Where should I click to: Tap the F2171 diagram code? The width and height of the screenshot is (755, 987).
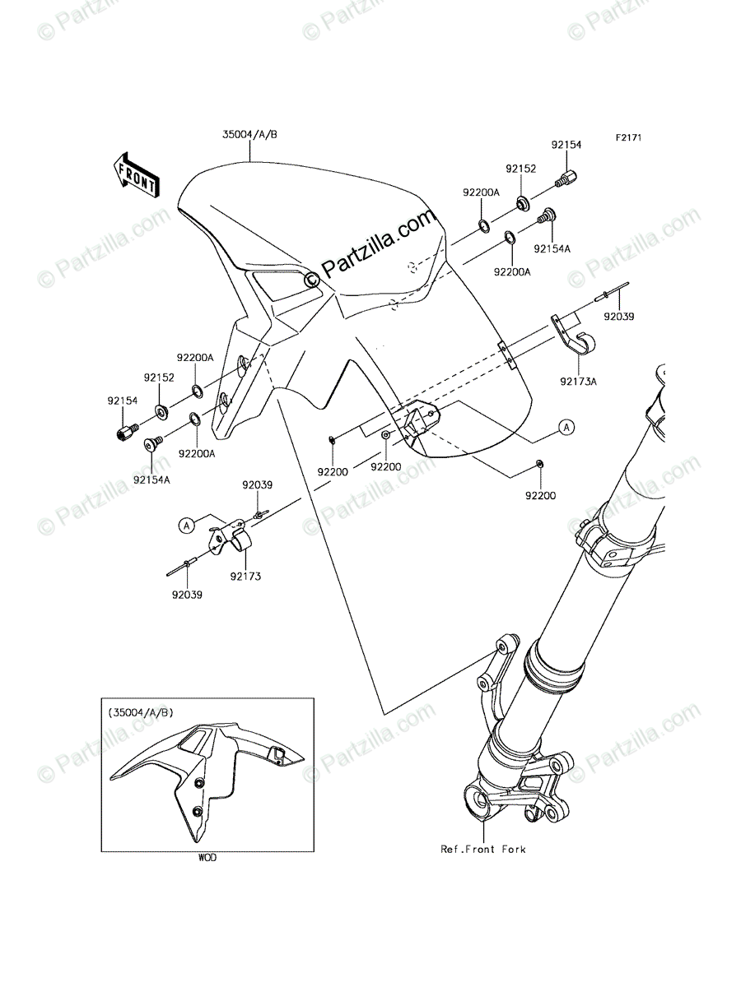click(x=626, y=139)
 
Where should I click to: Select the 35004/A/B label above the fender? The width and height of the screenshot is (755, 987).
click(x=249, y=135)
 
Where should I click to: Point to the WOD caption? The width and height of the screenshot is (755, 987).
click(x=207, y=858)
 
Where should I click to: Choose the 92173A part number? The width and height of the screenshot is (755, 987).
click(x=580, y=381)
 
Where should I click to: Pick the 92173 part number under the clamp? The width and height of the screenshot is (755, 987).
click(x=245, y=577)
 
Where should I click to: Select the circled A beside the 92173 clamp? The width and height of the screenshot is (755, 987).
click(x=187, y=524)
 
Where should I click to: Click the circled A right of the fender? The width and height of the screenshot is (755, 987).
click(x=566, y=427)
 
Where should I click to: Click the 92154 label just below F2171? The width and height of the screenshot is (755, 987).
click(x=566, y=145)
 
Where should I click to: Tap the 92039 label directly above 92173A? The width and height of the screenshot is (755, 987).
click(x=618, y=315)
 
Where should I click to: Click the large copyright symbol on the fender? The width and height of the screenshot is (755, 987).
click(x=312, y=280)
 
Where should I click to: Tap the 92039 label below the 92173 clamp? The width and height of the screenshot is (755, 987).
click(x=188, y=593)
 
